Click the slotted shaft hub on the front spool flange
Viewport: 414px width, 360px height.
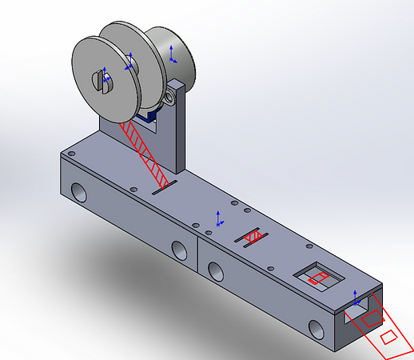pyautogui.click(x=102, y=78)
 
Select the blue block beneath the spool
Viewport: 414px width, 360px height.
pyautogui.click(x=147, y=118)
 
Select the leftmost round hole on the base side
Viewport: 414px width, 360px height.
pyautogui.click(x=80, y=192)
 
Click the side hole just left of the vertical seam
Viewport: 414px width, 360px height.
pyautogui.click(x=180, y=250)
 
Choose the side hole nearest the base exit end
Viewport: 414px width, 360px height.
pyautogui.click(x=315, y=328)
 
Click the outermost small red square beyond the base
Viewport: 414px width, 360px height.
pyautogui.click(x=390, y=337)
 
